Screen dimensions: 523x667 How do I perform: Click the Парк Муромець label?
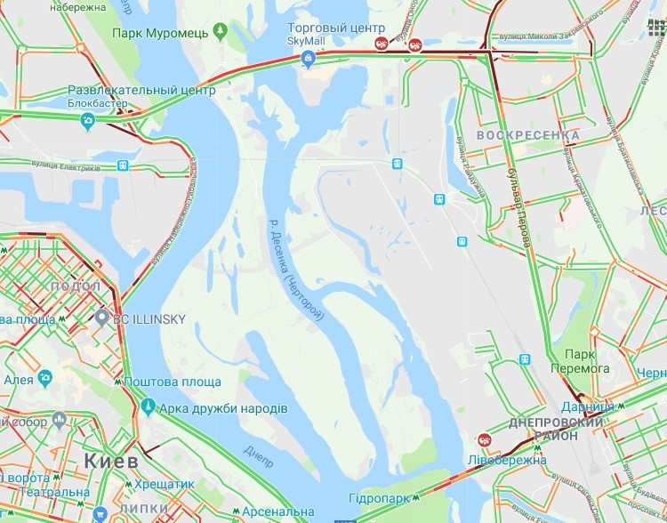(160, 33)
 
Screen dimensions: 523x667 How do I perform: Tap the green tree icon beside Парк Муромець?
(221, 33)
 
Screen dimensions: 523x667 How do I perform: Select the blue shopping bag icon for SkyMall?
(309, 59)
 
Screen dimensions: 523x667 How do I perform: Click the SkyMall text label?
(308, 41)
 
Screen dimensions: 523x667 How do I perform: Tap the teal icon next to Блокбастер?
(87, 122)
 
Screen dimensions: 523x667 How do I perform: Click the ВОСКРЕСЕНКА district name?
(528, 135)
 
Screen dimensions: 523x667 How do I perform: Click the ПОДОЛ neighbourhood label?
(76, 286)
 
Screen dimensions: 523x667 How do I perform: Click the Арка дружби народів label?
(223, 408)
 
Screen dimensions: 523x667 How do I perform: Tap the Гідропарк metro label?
(379, 497)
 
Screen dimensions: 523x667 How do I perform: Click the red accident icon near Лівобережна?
(485, 439)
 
